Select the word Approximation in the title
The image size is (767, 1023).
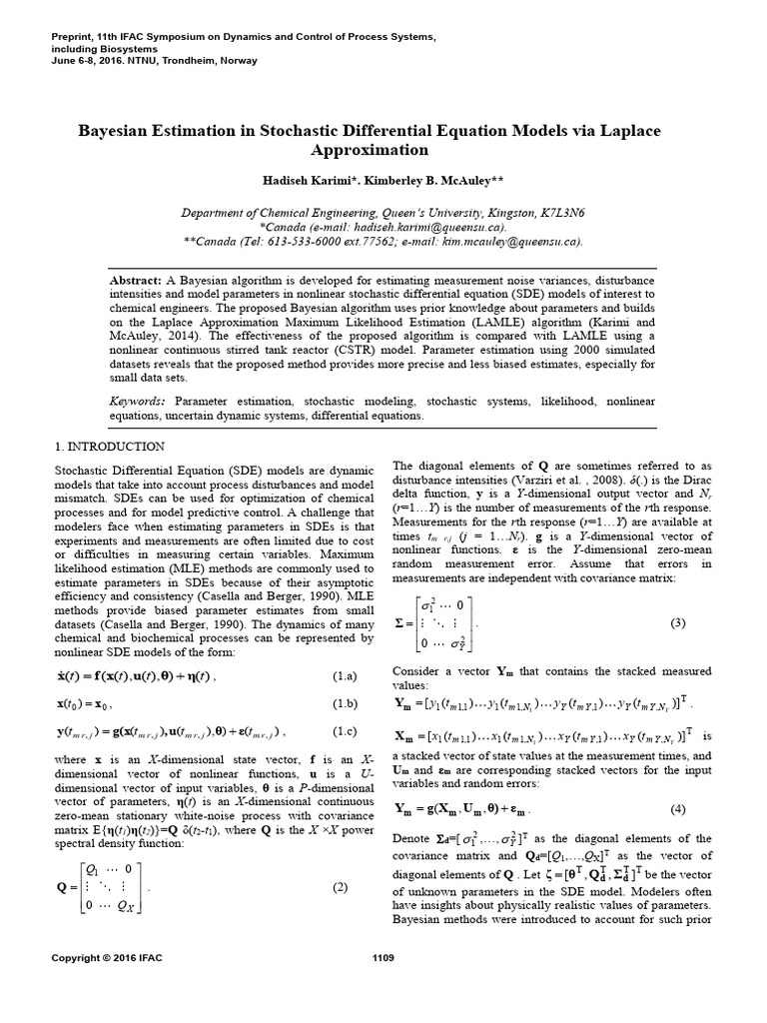coord(383,151)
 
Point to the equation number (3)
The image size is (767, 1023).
coord(678,622)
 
